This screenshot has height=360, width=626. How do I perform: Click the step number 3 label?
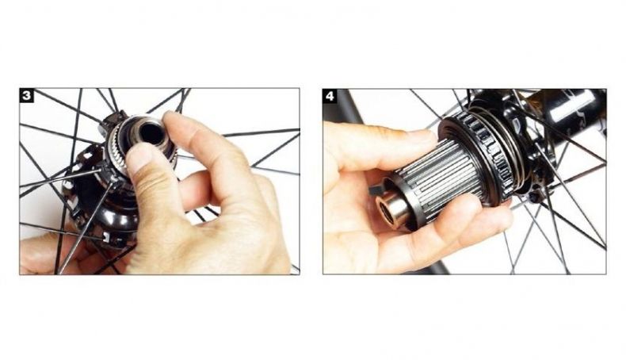[27, 95]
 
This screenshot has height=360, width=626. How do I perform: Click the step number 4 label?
[330, 96]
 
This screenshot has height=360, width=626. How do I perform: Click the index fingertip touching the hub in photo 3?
[173, 120]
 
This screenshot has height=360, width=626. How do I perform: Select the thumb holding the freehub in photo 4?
[384, 146]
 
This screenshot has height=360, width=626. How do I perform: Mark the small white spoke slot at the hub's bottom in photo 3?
[106, 238]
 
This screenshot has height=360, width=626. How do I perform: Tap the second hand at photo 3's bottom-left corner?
[48, 251]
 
